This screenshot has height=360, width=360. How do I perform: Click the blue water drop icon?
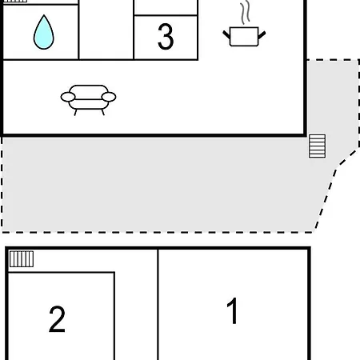pyautogui.click(x=44, y=34)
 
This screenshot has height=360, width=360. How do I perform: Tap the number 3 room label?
pyautogui.click(x=166, y=37)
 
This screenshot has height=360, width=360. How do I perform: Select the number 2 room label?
pyautogui.click(x=57, y=319)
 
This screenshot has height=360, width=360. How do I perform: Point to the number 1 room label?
pyautogui.click(x=232, y=310)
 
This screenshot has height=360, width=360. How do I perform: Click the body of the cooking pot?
pyautogui.click(x=244, y=37)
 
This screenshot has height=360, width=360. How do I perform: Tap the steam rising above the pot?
pyautogui.click(x=246, y=13)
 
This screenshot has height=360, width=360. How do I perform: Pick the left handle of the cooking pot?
pyautogui.click(x=226, y=35)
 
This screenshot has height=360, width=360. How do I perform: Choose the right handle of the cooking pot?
pyautogui.click(x=262, y=35)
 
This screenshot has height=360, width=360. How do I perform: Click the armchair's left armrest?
pyautogui.click(x=68, y=97)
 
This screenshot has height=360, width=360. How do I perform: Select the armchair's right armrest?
pyautogui.click(x=109, y=97)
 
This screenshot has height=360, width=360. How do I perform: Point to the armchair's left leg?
pyautogui.click(x=75, y=113)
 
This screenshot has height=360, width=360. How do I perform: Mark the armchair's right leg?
pyautogui.click(x=103, y=112)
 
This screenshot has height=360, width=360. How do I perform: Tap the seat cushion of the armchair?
pyautogui.click(x=89, y=104)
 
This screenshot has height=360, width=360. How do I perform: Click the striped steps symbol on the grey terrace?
pyautogui.click(x=317, y=146)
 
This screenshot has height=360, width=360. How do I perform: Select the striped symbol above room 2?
pyautogui.click(x=22, y=258)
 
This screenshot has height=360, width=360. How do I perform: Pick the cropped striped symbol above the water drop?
pyautogui.click(x=15, y=1)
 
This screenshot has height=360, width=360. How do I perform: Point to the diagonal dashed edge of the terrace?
pyautogui.click(x=326, y=198)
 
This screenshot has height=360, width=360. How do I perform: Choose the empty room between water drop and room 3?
pyautogui.click(x=106, y=30)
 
